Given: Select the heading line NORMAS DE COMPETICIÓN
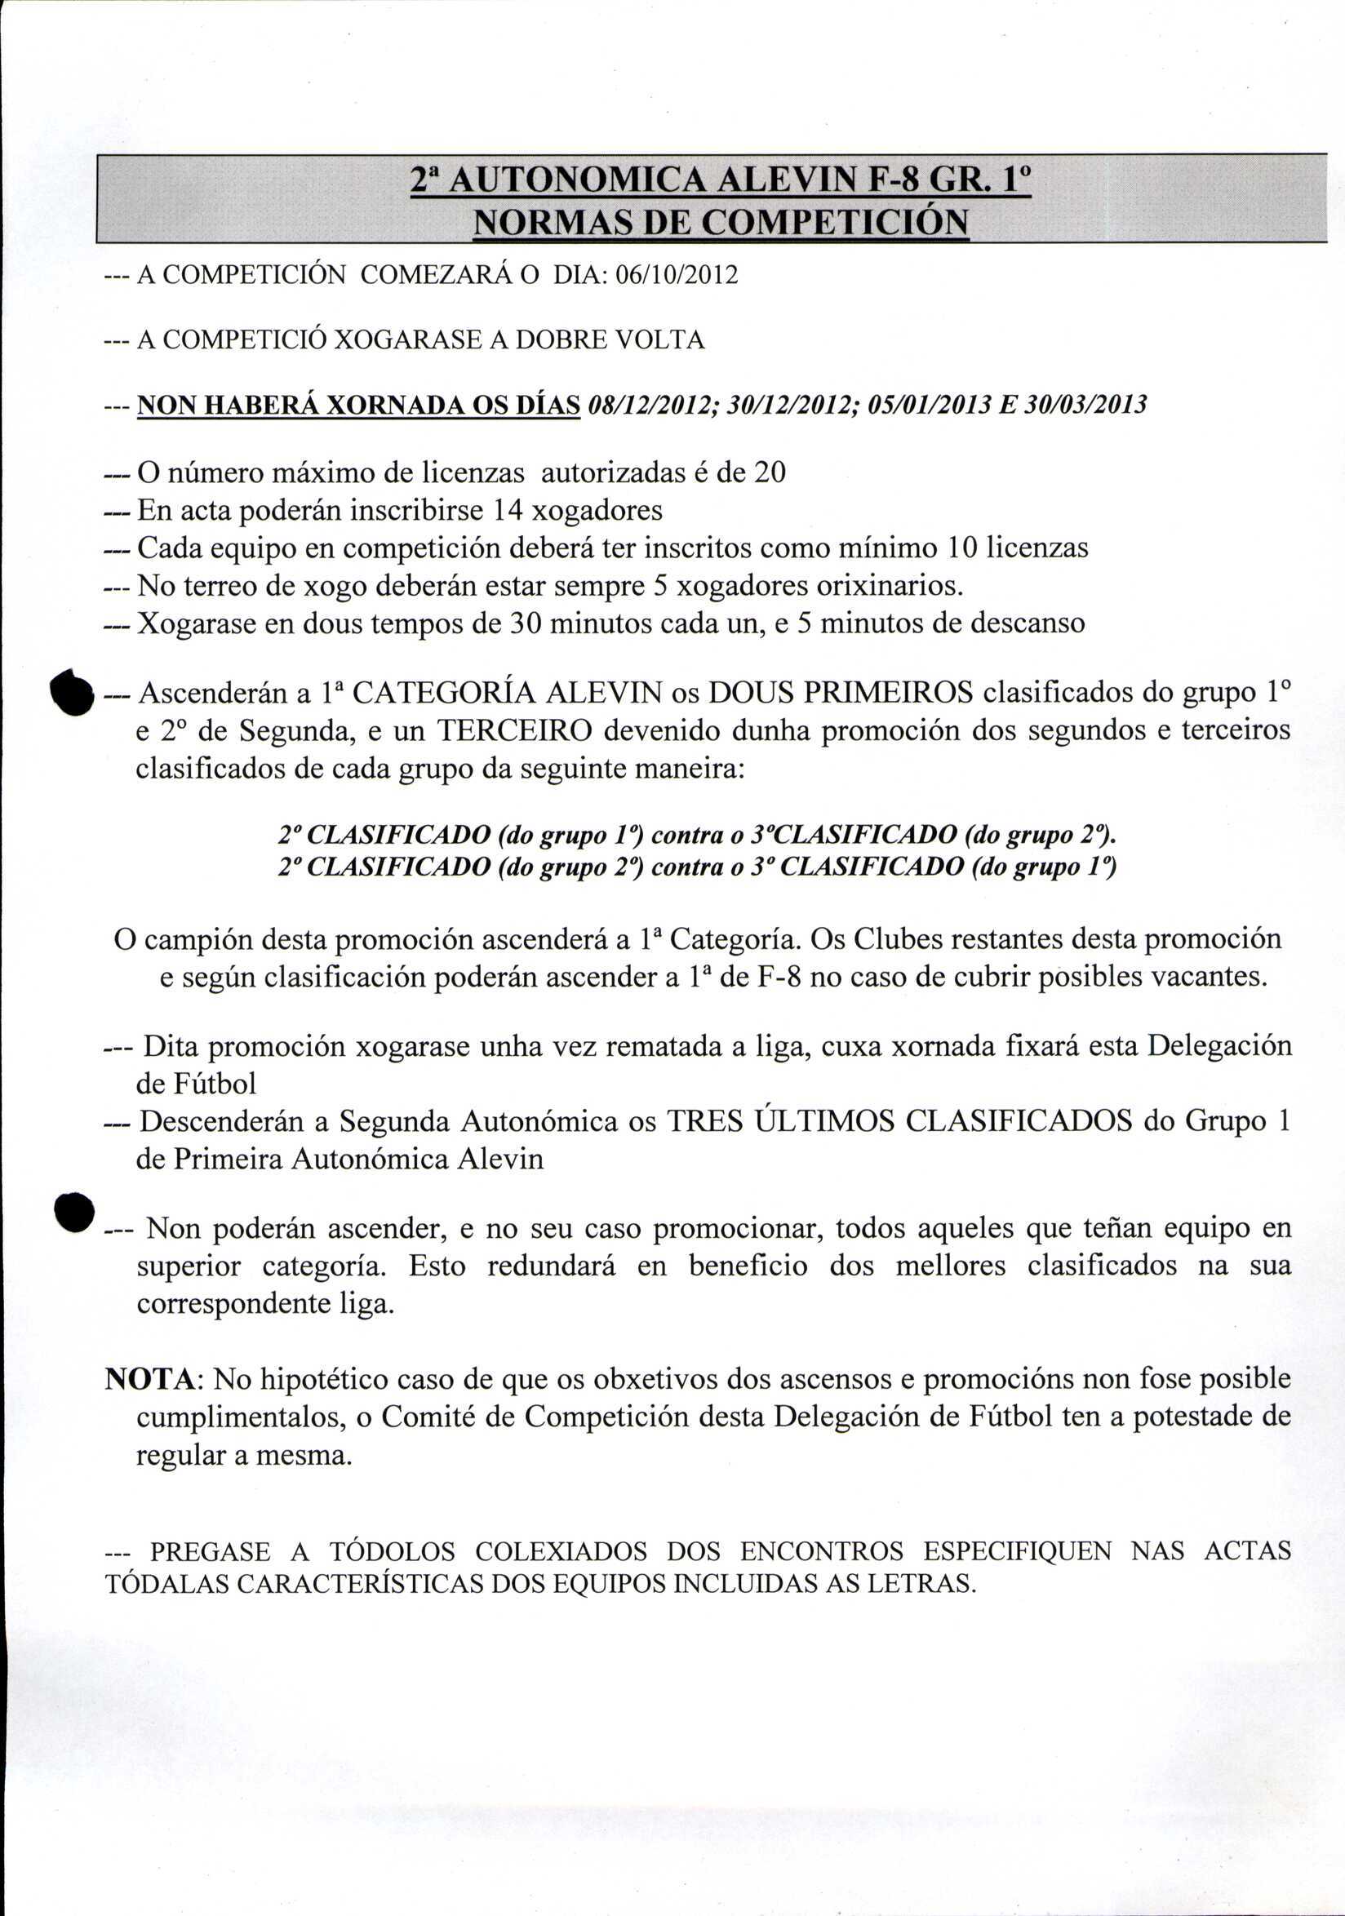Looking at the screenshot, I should (x=720, y=224).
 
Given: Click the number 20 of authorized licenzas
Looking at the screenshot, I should (x=770, y=473).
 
